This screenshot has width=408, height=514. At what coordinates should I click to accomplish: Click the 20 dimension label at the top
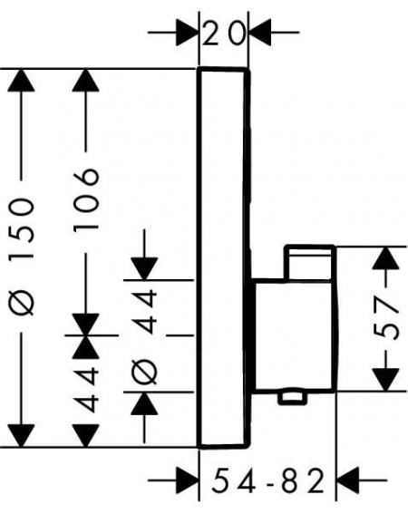pyautogui.click(x=224, y=34)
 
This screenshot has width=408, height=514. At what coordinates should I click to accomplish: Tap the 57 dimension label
pyautogui.click(x=386, y=318)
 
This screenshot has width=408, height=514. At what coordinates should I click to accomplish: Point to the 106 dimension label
pyautogui.click(x=86, y=199)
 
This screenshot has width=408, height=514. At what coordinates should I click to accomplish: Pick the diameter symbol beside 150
pyautogui.click(x=22, y=299)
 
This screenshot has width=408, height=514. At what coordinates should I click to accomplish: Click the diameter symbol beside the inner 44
pyautogui.click(x=144, y=372)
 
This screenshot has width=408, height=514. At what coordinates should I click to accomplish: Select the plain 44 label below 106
pyautogui.click(x=86, y=390)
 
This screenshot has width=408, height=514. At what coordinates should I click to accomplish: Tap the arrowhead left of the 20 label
pyautogui.click(x=188, y=33)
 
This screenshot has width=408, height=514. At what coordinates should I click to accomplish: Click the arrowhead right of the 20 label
pyautogui.click(x=260, y=33)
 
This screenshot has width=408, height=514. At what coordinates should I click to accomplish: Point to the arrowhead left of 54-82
pyautogui.click(x=188, y=480)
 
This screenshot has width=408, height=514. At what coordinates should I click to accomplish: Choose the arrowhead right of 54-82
pyautogui.click(x=348, y=480)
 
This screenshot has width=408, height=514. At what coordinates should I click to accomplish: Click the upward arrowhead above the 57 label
pyautogui.click(x=386, y=258)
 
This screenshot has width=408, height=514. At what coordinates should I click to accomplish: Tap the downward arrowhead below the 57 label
pyautogui.click(x=386, y=380)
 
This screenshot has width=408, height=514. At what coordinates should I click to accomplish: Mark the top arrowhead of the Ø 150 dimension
pyautogui.click(x=21, y=81)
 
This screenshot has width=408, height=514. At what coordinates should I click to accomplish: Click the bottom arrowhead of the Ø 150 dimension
pyautogui.click(x=21, y=435)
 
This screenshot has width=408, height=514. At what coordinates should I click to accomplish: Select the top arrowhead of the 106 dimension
pyautogui.click(x=86, y=81)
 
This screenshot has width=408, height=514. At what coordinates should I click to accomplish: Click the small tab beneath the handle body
pyautogui.click(x=292, y=398)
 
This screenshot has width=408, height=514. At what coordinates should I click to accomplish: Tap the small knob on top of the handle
pyautogui.click(x=309, y=262)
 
